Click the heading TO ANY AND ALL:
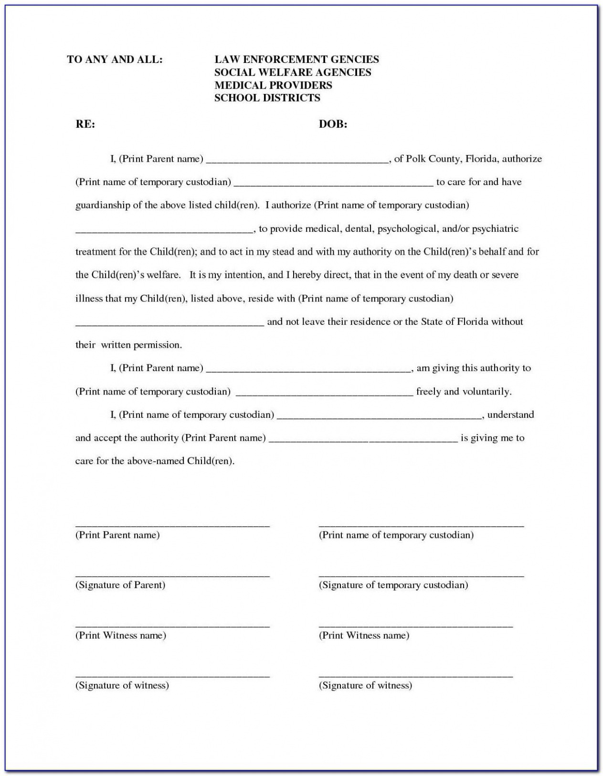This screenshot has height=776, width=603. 115,60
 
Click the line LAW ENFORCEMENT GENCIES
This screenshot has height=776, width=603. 296,60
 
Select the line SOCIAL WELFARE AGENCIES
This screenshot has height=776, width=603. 292,72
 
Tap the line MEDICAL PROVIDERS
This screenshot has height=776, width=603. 273,85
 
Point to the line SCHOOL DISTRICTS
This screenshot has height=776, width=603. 267,98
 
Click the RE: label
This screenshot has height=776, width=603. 85,124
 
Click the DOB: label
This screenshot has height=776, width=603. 333,124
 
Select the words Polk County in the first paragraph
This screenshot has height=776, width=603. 433,159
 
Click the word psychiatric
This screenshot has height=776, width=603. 495,229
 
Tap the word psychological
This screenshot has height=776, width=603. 407,229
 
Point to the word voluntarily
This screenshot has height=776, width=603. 487,392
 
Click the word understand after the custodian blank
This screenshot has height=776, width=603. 510,415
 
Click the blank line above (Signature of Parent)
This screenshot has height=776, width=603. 172,576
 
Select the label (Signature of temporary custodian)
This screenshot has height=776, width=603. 393,585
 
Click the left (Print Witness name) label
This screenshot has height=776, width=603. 121,635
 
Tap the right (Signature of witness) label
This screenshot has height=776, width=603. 365,685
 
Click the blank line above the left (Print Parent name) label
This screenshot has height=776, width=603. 172,526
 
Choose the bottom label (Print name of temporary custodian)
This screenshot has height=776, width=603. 396,535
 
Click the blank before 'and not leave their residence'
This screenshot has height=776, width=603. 169,324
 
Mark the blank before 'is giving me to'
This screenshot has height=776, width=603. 363,441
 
